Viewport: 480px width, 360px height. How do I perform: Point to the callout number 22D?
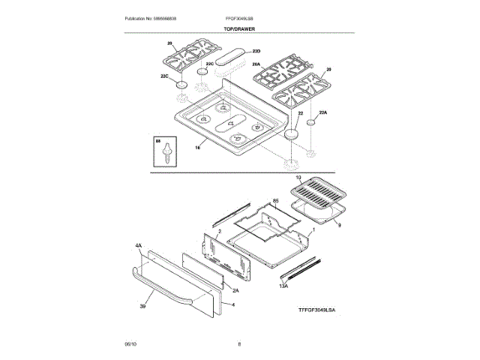(x=256, y=50)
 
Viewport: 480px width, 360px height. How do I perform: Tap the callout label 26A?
(x=256, y=64)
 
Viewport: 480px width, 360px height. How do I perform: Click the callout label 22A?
(x=323, y=112)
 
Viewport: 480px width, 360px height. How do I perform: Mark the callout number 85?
(x=275, y=201)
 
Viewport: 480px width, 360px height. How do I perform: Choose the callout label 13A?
(x=283, y=286)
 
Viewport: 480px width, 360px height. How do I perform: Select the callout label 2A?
(x=235, y=290)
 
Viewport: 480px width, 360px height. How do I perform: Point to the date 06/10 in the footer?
(x=130, y=343)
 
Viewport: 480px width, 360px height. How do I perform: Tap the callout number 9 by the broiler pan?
(x=338, y=224)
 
